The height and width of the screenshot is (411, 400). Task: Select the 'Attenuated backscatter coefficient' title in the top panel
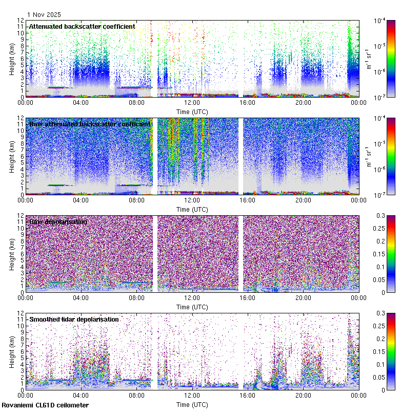(x=82, y=26)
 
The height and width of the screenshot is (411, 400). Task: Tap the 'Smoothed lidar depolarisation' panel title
(x=74, y=319)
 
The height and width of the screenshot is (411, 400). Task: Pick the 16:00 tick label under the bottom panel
(x=248, y=395)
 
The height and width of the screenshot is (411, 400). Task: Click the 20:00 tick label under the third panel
(x=303, y=297)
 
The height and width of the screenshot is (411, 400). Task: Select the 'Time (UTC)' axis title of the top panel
(x=192, y=111)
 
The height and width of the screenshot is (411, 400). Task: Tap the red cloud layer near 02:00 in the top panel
(x=56, y=87)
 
